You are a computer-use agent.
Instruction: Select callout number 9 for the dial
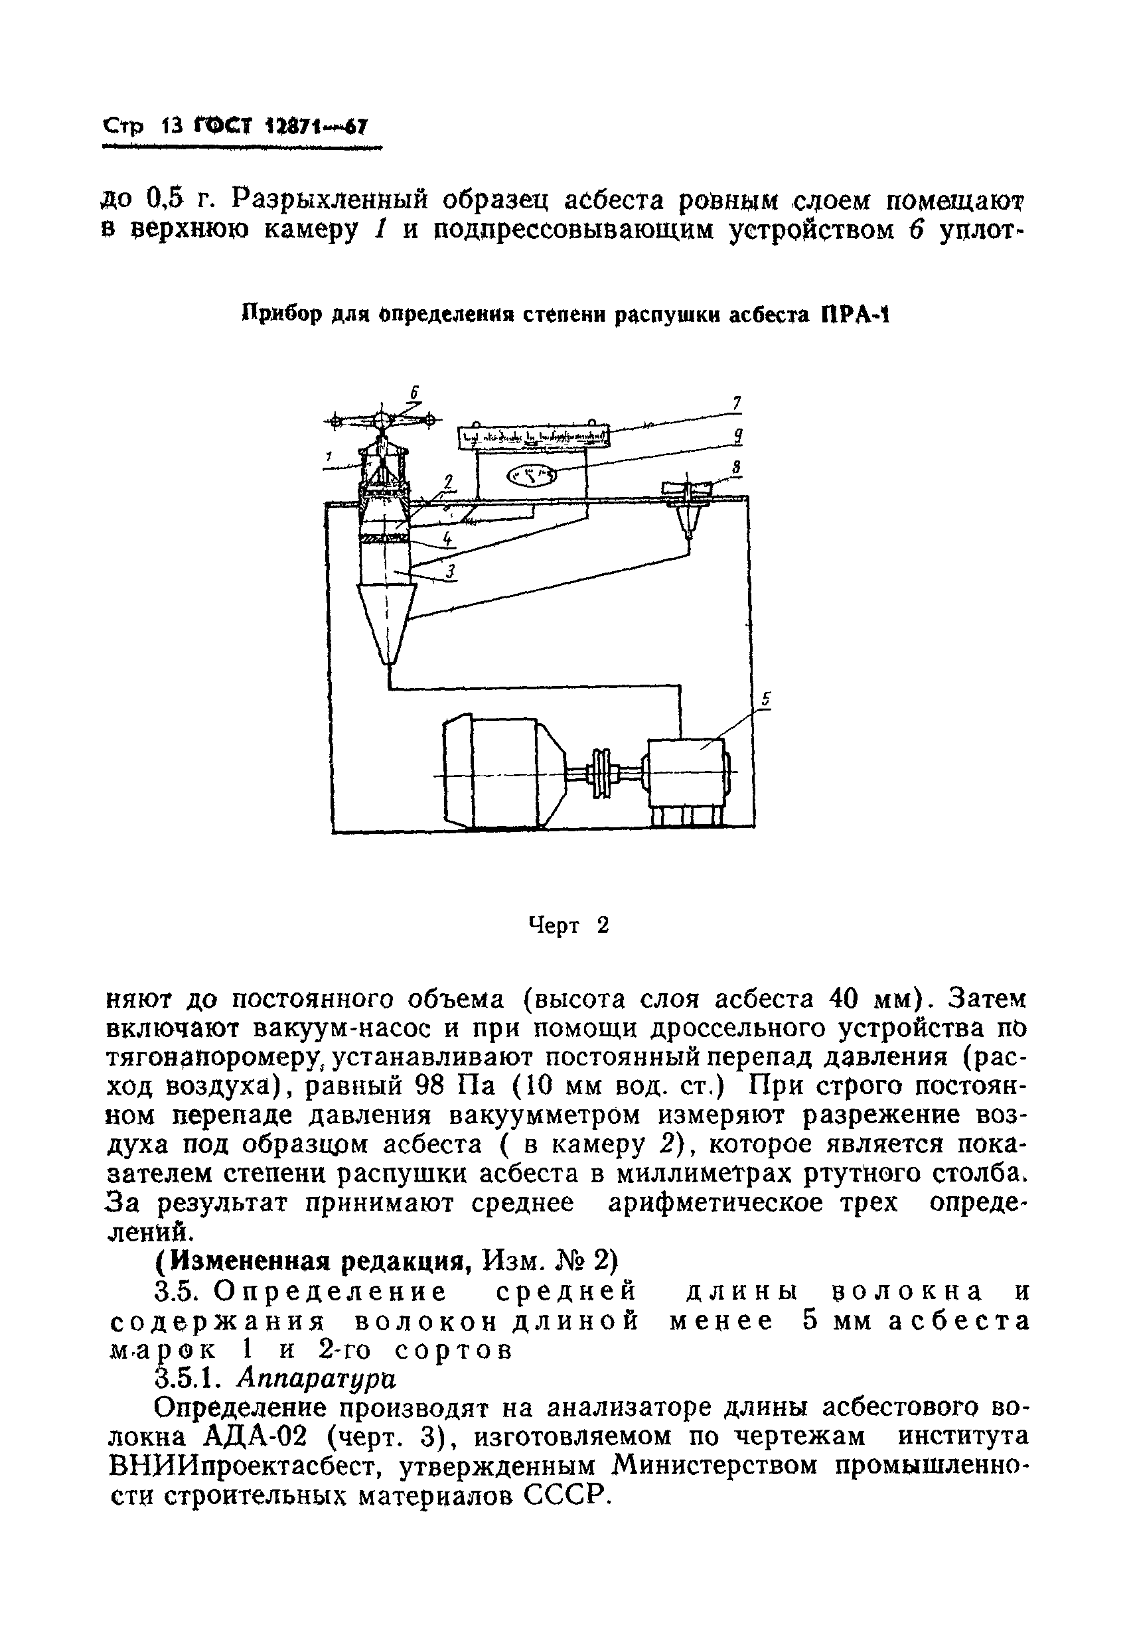click(738, 437)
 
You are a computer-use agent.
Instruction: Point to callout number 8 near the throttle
click(735, 467)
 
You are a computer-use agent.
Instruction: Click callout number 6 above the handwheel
click(415, 392)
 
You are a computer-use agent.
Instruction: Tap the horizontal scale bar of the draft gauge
click(534, 437)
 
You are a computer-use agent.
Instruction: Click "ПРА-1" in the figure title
click(854, 314)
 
